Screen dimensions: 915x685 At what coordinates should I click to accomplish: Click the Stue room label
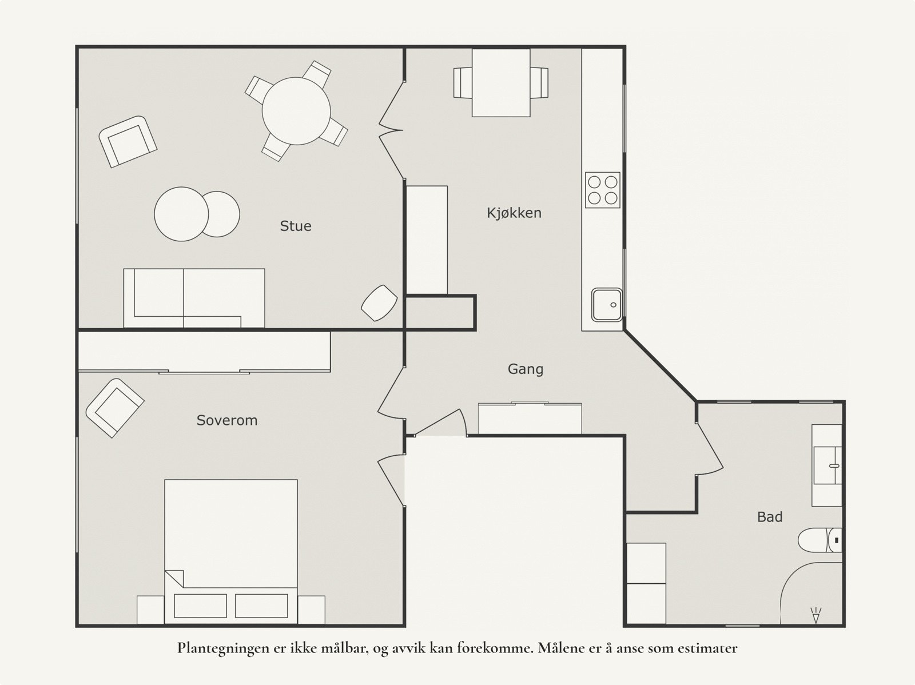point(296,226)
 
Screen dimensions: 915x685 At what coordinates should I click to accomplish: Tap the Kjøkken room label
point(514,213)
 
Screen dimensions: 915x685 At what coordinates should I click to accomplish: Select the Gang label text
point(525,369)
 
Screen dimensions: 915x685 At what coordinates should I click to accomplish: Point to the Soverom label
point(227,420)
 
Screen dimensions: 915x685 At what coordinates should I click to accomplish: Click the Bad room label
point(770,517)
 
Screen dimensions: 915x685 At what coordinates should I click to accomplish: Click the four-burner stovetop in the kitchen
point(602,190)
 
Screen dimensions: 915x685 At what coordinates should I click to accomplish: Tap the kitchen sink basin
point(607,305)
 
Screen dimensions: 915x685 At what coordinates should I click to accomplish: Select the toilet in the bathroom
point(819,540)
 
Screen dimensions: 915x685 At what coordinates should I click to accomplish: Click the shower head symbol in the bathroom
point(816,615)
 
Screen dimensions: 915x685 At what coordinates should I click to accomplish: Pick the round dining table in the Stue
point(296,111)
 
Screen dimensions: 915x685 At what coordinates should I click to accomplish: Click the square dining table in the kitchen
point(501,82)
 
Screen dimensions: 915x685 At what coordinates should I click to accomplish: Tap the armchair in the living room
point(128,142)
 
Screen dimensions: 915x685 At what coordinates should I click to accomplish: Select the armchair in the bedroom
point(114,408)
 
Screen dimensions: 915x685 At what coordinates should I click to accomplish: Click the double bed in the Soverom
point(231,552)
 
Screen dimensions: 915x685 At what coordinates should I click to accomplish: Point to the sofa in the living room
point(194,298)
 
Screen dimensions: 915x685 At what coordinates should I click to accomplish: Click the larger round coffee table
point(181,214)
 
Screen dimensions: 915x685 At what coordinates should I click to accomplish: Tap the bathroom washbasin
point(828,465)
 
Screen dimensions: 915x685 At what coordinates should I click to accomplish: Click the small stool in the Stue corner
point(379,303)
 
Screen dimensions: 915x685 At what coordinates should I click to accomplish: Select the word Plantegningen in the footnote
point(224,649)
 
